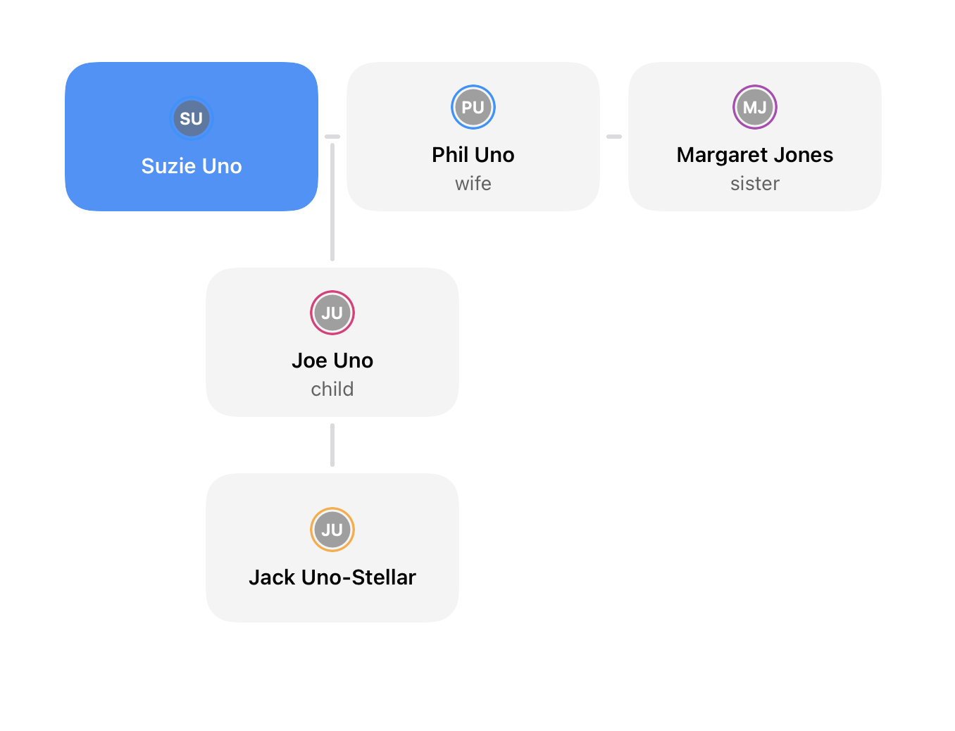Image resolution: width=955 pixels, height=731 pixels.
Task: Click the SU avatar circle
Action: (x=191, y=118)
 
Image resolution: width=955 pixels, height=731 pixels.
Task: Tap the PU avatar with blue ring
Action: (x=473, y=107)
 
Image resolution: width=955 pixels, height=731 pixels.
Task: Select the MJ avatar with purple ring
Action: (x=754, y=107)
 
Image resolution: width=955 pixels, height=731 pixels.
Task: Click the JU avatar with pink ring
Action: (x=332, y=313)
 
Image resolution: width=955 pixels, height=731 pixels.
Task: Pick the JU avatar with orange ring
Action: (x=332, y=529)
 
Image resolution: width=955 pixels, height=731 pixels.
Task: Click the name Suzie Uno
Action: (x=192, y=166)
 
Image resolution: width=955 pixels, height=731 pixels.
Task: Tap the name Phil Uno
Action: (x=473, y=155)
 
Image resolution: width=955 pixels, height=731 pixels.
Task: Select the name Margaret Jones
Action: (x=754, y=155)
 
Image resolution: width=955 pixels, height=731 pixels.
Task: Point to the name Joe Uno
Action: (x=332, y=361)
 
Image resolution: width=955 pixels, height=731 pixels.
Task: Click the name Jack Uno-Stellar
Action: (x=332, y=577)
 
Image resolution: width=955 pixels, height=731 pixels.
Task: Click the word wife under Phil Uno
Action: (x=473, y=183)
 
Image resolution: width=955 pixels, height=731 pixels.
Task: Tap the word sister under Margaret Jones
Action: (x=754, y=183)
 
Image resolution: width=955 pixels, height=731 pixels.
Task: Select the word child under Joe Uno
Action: (x=332, y=389)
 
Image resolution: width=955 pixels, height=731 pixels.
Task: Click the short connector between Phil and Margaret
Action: (x=614, y=137)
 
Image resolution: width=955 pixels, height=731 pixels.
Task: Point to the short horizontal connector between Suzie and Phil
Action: (x=332, y=137)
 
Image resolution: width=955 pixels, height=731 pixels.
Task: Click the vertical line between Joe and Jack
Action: (x=332, y=444)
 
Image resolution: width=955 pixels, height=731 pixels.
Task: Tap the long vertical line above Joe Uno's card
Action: (x=332, y=202)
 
